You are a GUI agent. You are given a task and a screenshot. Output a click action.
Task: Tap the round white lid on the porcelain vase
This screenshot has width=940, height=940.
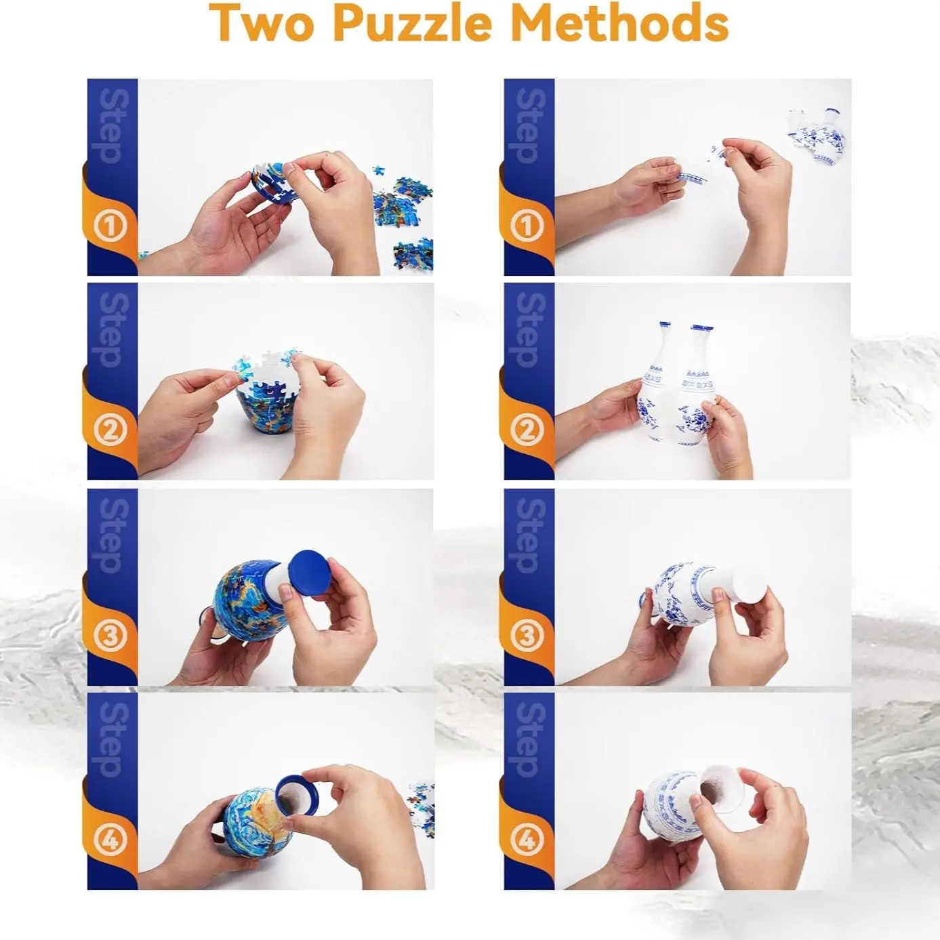749,584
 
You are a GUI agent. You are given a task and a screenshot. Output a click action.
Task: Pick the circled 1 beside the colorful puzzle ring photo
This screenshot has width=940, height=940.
110,226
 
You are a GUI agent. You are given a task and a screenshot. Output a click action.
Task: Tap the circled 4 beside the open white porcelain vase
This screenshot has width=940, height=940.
527,840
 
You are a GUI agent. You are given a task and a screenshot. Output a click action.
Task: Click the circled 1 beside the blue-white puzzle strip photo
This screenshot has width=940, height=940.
527,226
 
